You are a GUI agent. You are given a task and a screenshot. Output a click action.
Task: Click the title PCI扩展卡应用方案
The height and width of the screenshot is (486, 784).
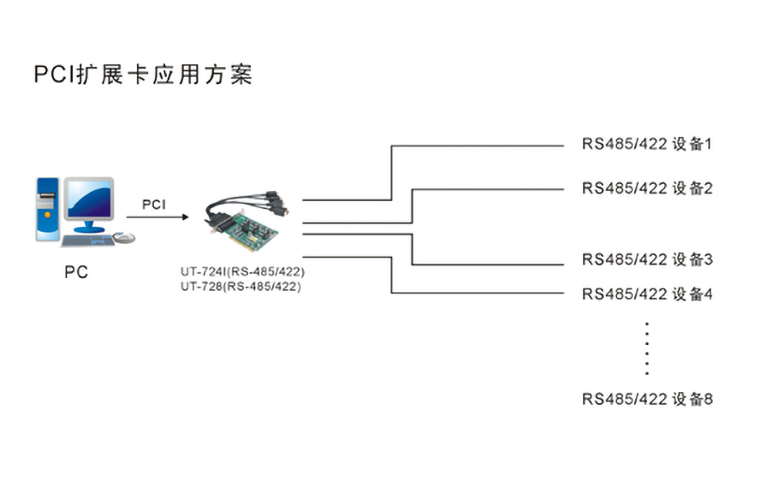143,75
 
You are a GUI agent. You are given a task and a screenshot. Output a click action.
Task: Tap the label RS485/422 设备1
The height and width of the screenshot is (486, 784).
646,145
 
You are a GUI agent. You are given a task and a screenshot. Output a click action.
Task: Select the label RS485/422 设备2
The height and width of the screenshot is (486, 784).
646,189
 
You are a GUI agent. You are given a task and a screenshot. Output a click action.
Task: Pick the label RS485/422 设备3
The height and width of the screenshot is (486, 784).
646,260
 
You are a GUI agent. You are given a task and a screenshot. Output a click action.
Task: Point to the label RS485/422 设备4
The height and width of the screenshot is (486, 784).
646,294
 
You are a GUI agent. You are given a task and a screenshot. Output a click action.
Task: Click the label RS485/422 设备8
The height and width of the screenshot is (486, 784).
646,399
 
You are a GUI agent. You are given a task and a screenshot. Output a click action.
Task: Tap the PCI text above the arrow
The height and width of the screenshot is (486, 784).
154,204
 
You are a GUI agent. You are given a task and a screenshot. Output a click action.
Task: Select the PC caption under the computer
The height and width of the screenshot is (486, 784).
76,272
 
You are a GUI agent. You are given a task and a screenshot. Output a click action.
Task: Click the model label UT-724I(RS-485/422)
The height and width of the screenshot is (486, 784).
243,271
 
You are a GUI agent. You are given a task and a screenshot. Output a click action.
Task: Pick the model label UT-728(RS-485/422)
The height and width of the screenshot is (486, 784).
241,286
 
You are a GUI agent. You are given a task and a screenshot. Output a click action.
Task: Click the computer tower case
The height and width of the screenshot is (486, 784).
47,208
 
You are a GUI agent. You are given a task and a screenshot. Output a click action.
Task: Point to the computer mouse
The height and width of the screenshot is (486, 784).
124,237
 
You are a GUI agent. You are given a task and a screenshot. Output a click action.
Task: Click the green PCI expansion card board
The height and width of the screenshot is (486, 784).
259,235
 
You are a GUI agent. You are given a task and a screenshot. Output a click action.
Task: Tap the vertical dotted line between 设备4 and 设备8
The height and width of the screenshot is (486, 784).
646,348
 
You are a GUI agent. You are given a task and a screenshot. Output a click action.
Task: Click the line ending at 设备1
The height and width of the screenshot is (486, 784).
478,146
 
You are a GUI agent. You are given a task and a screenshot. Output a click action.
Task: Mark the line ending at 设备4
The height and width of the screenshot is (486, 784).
478,293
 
